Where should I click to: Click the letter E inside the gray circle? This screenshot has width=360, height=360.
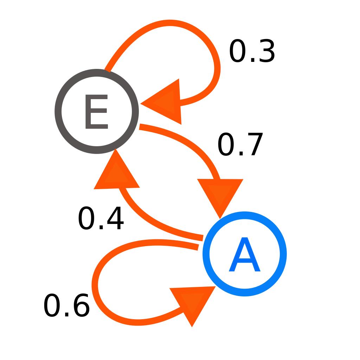(96, 111)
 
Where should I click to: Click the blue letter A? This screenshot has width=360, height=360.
(245, 254)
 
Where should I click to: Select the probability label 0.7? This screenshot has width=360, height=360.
(240, 144)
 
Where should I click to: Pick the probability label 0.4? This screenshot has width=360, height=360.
(101, 218)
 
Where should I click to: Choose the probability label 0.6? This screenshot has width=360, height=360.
(66, 306)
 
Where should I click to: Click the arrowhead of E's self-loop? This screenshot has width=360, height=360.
(165, 103)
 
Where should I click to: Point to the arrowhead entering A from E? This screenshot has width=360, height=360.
(220, 194)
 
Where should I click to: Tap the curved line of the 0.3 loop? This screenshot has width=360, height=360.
(184, 25)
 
